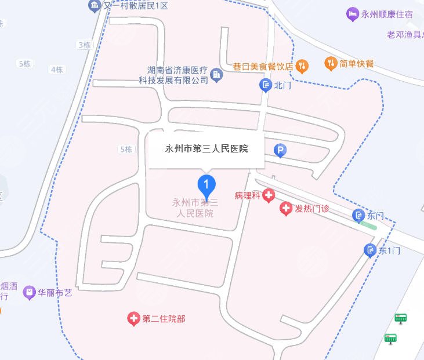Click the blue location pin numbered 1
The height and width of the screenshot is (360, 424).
207,186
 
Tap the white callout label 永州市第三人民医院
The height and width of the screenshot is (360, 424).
207,149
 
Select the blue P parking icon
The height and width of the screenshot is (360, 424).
280,151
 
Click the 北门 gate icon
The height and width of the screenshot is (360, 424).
266,86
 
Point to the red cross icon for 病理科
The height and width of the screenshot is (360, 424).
269,195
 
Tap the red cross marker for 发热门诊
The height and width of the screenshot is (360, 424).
286,209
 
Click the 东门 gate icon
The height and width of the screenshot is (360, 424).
358,216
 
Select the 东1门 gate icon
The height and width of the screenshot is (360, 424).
370,250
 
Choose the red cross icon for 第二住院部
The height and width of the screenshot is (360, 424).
133,318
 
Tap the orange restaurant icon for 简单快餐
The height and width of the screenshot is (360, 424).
331,63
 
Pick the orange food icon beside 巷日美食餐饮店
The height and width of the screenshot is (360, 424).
302,66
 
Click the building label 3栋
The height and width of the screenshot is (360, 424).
84,45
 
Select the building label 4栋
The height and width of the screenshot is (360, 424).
57,70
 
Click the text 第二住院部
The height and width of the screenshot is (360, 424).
164,319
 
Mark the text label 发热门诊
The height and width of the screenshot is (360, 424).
312,209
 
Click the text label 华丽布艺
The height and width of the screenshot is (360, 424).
55,293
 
